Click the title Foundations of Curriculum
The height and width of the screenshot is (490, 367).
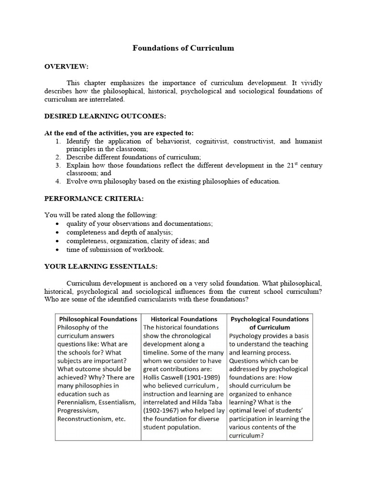(183, 48)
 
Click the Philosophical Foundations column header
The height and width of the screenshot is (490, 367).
(98, 319)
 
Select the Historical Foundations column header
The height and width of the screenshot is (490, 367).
(184, 319)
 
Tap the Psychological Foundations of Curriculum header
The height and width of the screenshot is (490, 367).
(270, 323)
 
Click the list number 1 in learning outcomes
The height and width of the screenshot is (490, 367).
(57, 141)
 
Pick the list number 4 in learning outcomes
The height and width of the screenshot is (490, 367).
(57, 181)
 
